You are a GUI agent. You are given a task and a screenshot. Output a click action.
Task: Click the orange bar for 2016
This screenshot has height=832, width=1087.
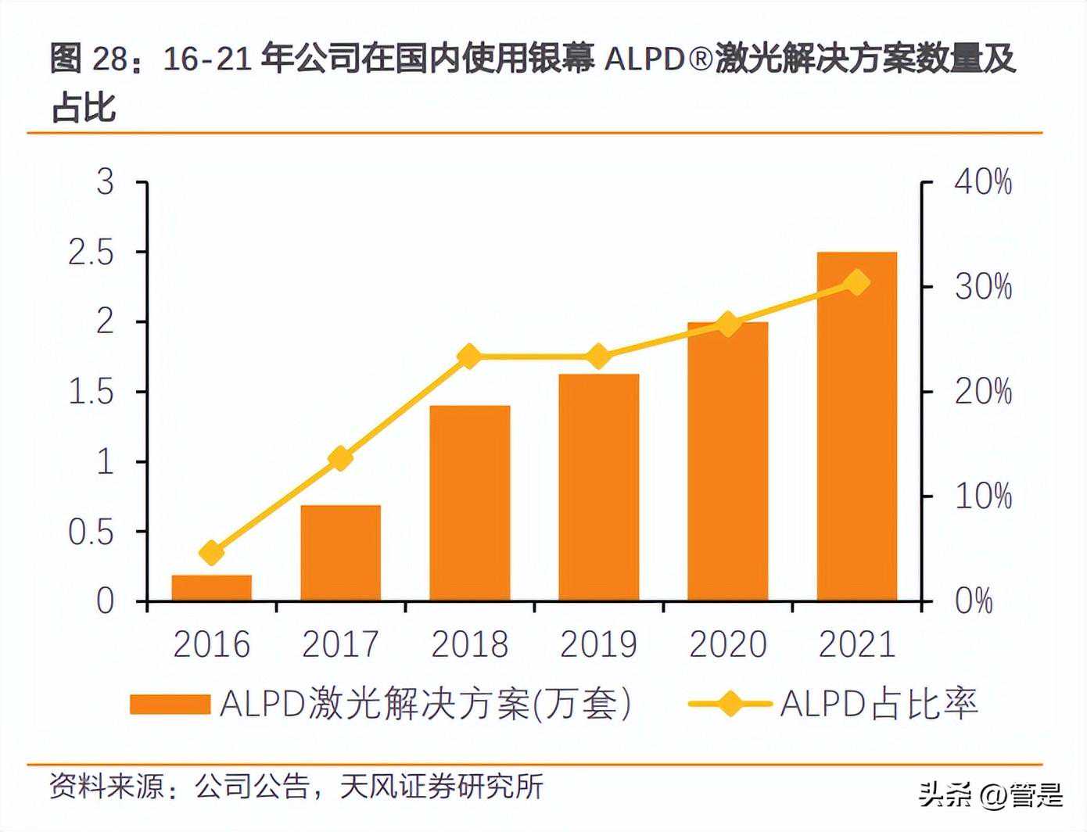pyautogui.click(x=211, y=588)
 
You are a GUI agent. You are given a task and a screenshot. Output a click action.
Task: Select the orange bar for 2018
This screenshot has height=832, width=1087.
pyautogui.click(x=469, y=503)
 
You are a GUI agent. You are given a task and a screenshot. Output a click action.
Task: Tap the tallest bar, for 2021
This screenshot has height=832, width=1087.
pyautogui.click(x=856, y=426)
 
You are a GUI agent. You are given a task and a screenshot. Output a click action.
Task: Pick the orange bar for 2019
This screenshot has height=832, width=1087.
pyautogui.click(x=598, y=487)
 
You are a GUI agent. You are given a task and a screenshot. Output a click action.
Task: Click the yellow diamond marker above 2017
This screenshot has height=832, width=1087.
pyautogui.click(x=340, y=458)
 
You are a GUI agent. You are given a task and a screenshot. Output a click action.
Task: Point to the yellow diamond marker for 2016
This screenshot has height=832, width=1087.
pyautogui.click(x=211, y=553)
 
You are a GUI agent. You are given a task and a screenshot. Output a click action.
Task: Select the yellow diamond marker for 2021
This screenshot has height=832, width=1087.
pyautogui.click(x=857, y=282)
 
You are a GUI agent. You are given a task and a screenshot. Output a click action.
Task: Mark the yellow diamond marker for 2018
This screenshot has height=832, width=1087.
pyautogui.click(x=469, y=357)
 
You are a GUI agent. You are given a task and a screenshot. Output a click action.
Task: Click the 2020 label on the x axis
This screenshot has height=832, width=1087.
pyautogui.click(x=727, y=644)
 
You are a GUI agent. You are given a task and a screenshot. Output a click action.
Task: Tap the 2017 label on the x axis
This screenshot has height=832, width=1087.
pyautogui.click(x=340, y=644)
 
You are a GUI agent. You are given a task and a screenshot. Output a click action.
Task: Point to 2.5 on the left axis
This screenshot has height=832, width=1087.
pyautogui.click(x=91, y=252)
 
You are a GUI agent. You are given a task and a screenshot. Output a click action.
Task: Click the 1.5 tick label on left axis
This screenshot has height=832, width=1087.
pyautogui.click(x=91, y=392)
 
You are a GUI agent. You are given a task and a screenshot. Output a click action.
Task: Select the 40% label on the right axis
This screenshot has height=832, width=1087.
pyautogui.click(x=983, y=182)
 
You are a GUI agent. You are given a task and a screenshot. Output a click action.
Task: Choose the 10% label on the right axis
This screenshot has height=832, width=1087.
pyautogui.click(x=983, y=496)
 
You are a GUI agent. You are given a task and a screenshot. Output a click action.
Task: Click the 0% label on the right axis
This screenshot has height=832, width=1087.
pyautogui.click(x=974, y=601)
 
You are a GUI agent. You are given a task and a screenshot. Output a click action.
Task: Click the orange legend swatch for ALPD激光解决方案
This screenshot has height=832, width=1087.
pyautogui.click(x=170, y=704)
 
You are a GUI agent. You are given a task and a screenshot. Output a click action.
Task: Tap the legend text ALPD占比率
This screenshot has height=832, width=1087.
pyautogui.click(x=879, y=704)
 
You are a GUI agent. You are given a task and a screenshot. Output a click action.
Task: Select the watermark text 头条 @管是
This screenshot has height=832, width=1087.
pyautogui.click(x=991, y=795)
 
